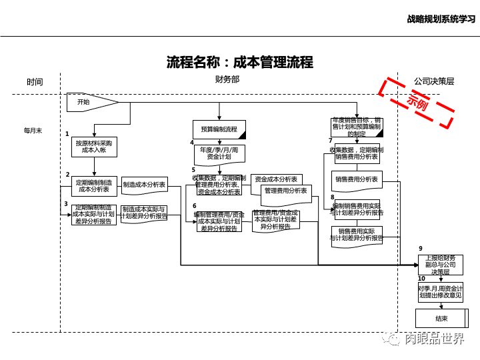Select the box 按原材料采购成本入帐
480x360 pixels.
(x=94, y=147)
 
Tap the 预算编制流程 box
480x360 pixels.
(x=219, y=129)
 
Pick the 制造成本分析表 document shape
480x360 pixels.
(x=144, y=185)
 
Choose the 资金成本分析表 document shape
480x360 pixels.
(x=276, y=180)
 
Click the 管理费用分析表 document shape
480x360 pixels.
(x=286, y=191)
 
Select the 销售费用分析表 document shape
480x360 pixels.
(x=357, y=180)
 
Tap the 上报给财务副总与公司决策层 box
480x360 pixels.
(x=441, y=264)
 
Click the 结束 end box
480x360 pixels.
(x=441, y=318)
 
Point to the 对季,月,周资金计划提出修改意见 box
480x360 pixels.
(x=440, y=291)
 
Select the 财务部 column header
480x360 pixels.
(x=227, y=79)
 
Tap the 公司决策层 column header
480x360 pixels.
(x=433, y=81)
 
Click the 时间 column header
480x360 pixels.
(x=35, y=82)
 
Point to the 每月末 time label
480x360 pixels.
(x=33, y=131)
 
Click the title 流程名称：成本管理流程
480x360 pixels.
(x=239, y=63)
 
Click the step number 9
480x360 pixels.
(x=421, y=248)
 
